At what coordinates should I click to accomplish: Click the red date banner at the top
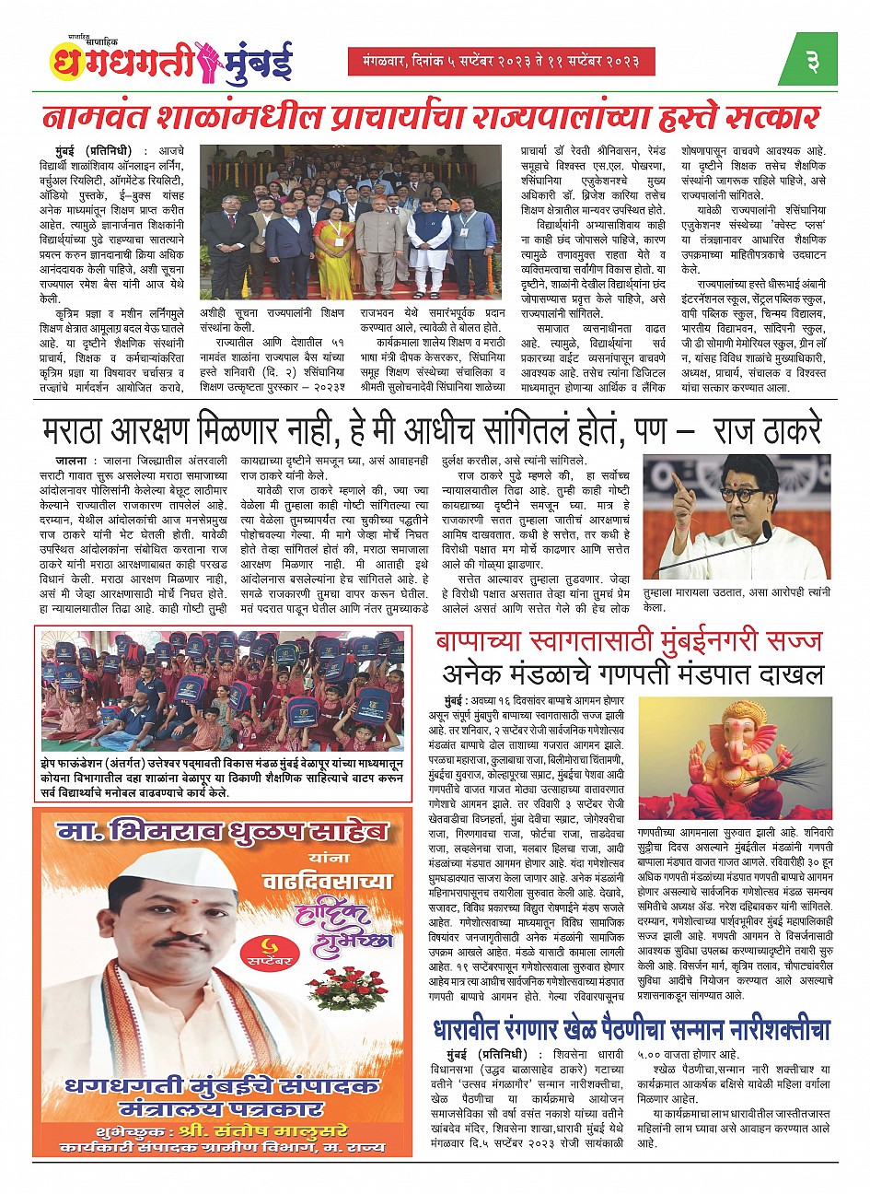tap(502, 62)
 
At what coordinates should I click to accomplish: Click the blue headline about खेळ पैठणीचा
tap(632, 1029)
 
